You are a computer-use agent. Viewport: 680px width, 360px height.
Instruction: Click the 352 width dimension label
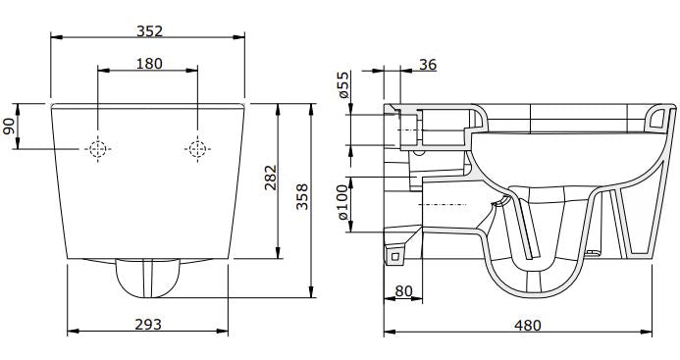149,30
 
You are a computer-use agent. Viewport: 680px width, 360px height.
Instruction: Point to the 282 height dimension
271,178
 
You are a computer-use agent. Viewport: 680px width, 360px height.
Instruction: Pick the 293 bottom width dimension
147,324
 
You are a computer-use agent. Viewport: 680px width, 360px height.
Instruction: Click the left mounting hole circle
97,149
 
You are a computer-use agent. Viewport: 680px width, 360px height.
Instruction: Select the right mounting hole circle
197,149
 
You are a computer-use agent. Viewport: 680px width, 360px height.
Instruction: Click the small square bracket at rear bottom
396,256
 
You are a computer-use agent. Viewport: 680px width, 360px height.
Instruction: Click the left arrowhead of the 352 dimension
55,39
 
